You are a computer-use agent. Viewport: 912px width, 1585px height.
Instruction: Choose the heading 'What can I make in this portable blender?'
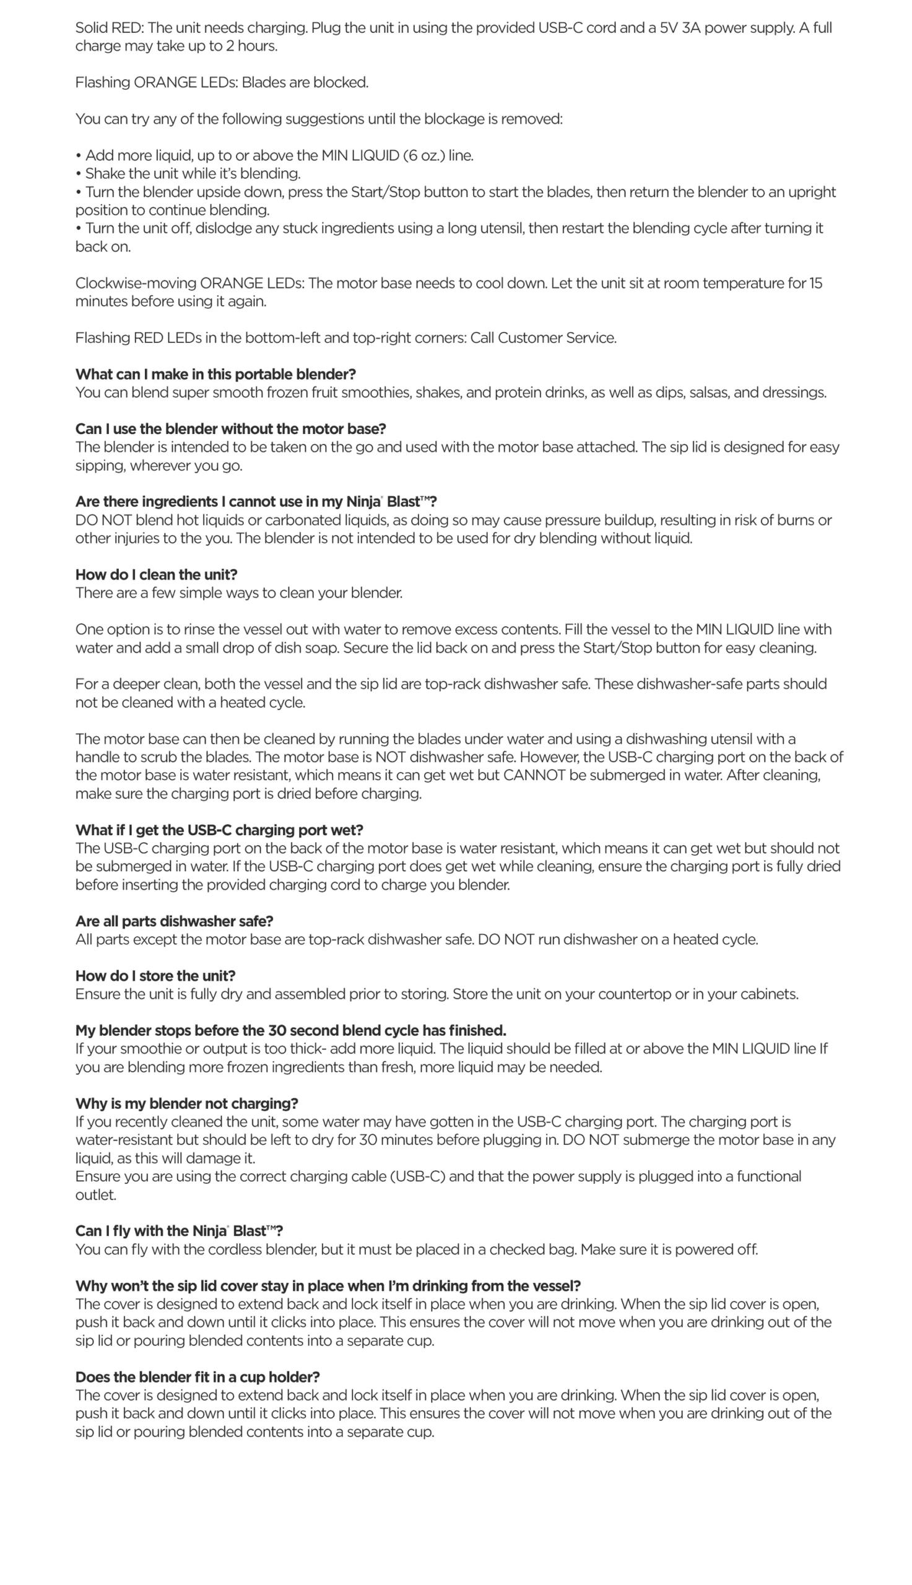215,374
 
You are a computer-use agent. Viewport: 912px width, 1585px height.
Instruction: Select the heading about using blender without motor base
230,429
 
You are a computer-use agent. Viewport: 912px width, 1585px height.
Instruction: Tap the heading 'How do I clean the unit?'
157,575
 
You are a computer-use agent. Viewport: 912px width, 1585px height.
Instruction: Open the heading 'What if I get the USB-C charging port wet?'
219,830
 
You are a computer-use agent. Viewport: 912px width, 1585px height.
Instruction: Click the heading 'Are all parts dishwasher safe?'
174,921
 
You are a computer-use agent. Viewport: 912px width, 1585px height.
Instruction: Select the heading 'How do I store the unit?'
155,976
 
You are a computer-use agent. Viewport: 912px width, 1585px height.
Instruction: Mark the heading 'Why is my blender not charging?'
186,1103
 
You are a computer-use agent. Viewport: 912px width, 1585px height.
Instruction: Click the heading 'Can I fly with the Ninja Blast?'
179,1231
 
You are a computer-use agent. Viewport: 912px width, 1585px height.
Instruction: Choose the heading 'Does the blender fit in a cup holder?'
198,1377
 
